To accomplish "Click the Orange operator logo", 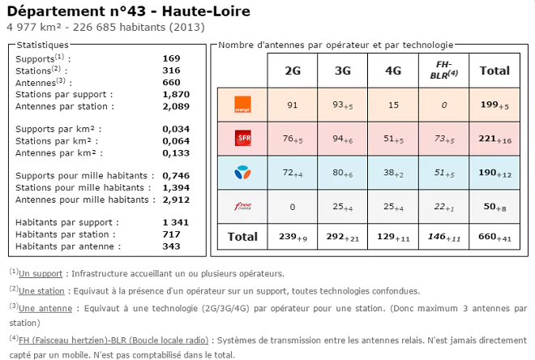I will click(242, 105).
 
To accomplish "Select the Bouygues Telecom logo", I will click(242, 172).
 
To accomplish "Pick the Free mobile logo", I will click(242, 207).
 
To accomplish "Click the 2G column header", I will click(293, 71).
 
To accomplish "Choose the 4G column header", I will click(393, 71).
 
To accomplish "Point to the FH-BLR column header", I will click(443, 71).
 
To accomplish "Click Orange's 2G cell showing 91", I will click(293, 105).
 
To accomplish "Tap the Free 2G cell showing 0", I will click(293, 207).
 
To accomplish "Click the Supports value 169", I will click(171, 58).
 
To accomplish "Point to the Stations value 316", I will click(171, 71).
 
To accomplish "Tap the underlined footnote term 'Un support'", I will click(41, 274).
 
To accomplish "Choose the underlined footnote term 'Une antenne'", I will click(43, 308).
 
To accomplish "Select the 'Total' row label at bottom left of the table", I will click(242, 237).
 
